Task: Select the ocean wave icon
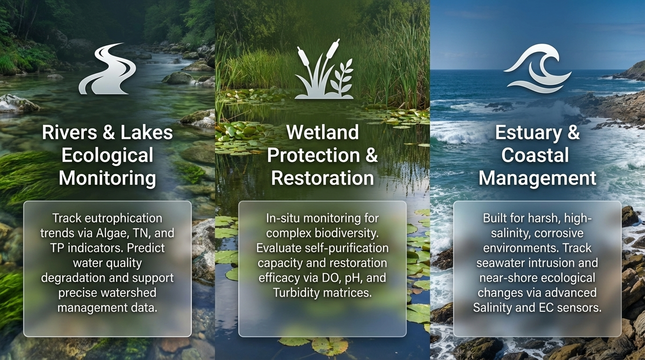pos(537,68)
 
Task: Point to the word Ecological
pos(107,156)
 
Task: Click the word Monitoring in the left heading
pos(107,178)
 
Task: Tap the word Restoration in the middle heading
pos(322,178)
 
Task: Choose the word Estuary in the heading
pos(528,133)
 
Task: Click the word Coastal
pos(535,155)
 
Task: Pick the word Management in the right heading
pos(537,178)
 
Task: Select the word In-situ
pos(283,218)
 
